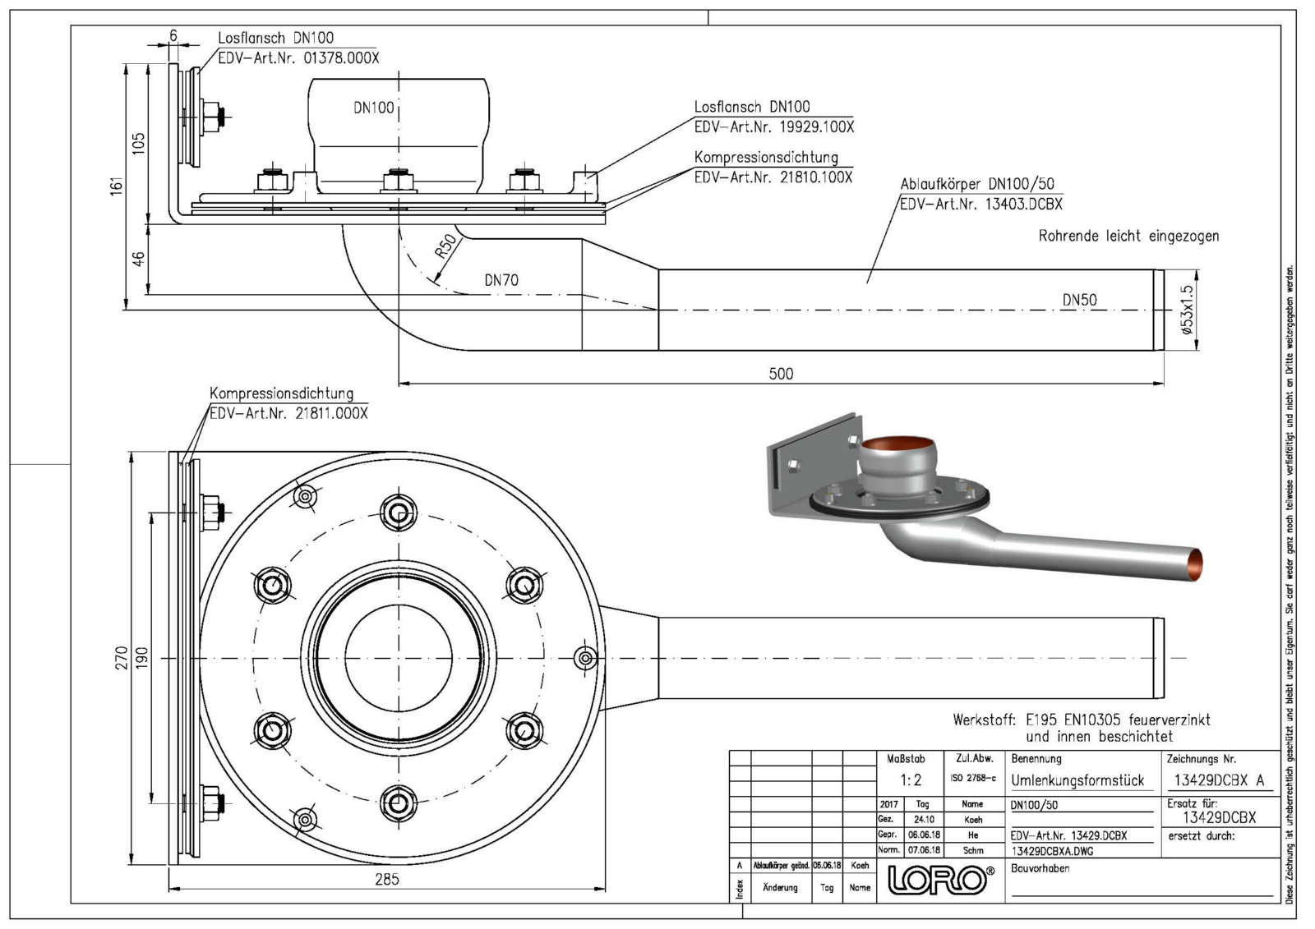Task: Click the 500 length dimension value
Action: tap(781, 374)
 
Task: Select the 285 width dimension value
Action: tap(386, 879)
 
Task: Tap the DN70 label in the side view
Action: tap(501, 280)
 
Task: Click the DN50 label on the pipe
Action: tap(1079, 300)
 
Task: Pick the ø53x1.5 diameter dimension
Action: tap(1186, 310)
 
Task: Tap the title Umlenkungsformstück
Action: tap(1077, 780)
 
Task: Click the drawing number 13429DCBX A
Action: tap(1220, 780)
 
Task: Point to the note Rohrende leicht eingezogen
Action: tap(1128, 237)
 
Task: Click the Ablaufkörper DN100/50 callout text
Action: tap(976, 185)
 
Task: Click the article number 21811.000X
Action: tap(325, 413)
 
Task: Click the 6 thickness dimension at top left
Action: tap(173, 35)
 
